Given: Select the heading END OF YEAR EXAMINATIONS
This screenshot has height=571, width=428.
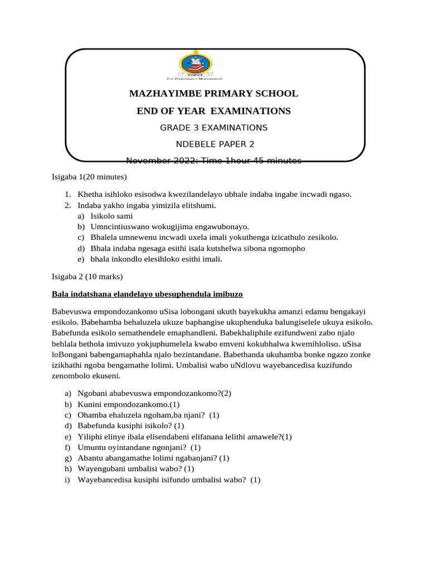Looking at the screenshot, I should point(214,111).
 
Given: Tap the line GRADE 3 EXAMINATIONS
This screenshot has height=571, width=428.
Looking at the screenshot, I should point(214,128).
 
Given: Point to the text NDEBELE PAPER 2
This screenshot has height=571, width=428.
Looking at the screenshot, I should point(214,144).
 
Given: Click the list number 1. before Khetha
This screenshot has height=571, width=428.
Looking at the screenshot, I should point(67,195).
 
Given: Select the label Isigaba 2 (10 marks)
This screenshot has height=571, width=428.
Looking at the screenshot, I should point(87,277).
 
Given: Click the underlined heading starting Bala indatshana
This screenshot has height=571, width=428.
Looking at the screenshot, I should point(147,293).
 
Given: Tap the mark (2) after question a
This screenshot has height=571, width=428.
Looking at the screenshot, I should point(226,394).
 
